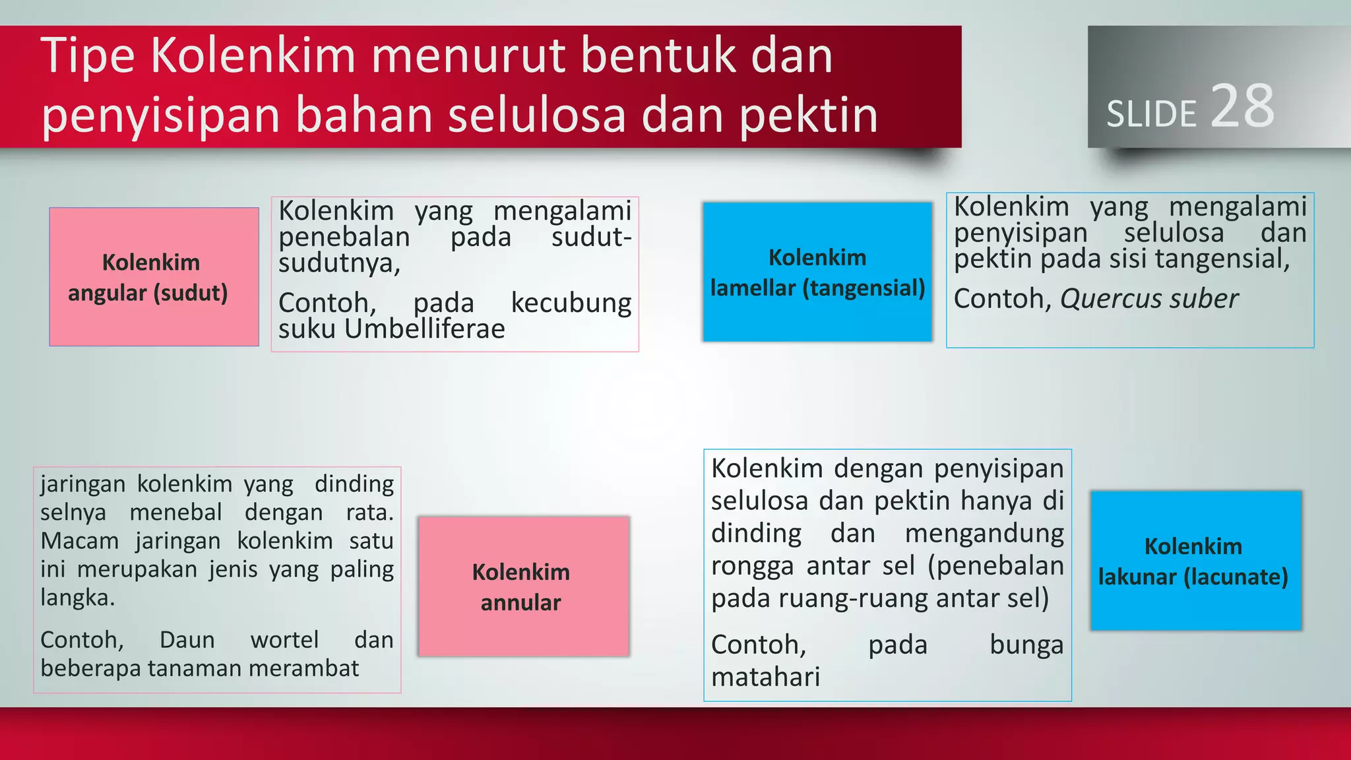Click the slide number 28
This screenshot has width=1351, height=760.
(x=1242, y=106)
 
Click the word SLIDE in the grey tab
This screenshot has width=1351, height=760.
(x=1151, y=114)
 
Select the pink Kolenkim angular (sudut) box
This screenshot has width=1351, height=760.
(x=154, y=277)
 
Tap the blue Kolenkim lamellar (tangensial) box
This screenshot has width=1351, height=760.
(x=817, y=272)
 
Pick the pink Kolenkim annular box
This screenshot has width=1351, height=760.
(x=524, y=586)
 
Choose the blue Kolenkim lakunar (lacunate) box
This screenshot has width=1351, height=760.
(x=1195, y=561)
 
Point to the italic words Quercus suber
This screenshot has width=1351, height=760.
(x=1149, y=299)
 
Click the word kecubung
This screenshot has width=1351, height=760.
(x=571, y=303)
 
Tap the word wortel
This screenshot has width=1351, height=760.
(x=285, y=639)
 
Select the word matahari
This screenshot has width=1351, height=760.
(x=765, y=677)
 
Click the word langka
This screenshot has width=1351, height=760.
(x=77, y=598)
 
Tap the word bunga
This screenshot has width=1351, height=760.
(x=1026, y=645)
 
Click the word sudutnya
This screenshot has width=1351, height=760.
(x=339, y=263)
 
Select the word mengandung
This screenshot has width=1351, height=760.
(x=984, y=533)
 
